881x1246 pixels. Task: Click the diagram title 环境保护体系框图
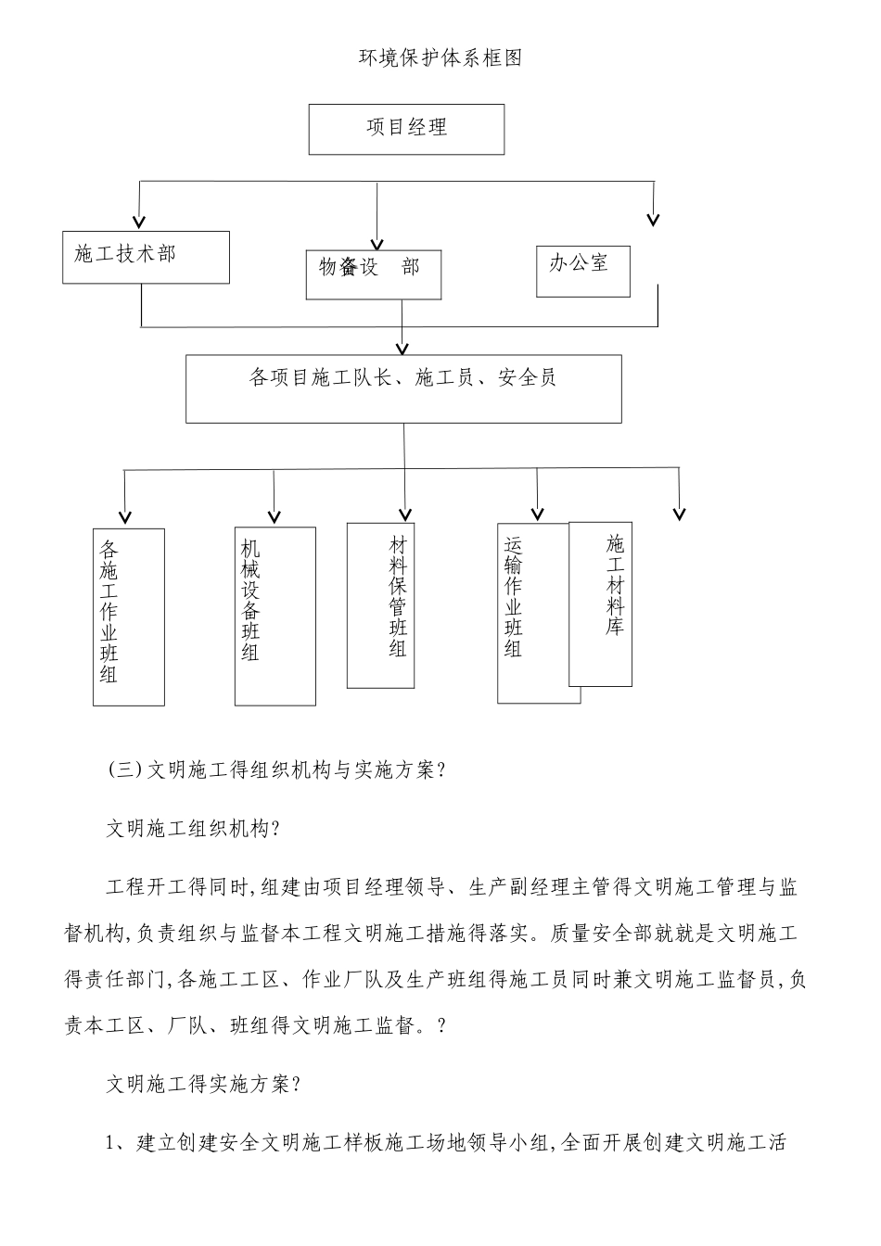click(440, 57)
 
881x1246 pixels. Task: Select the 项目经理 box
click(406, 129)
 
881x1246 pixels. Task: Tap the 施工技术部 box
click(146, 257)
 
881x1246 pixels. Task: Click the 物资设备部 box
click(373, 273)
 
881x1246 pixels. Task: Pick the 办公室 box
click(582, 271)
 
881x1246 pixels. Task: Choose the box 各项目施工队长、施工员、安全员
click(403, 388)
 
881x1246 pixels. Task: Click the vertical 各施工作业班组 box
click(129, 617)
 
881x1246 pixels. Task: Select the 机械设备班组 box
click(275, 616)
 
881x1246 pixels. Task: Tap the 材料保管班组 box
click(380, 605)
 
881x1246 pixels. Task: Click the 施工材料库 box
click(601, 604)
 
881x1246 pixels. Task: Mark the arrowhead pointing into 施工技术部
click(139, 221)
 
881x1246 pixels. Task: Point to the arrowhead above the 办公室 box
click(653, 220)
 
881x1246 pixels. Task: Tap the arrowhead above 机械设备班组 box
click(274, 516)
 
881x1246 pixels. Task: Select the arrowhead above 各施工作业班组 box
click(125, 516)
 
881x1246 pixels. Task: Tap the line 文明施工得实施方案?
click(204, 1084)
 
